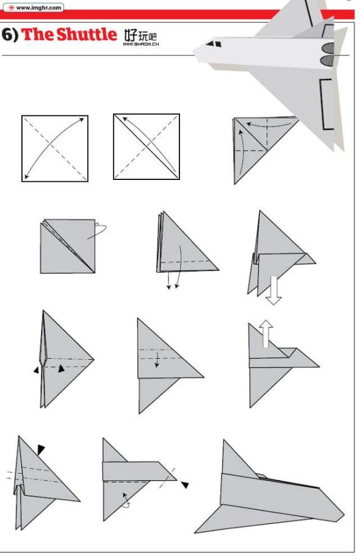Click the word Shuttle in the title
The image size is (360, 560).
tap(87, 34)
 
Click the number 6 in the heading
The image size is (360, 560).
tap(7, 35)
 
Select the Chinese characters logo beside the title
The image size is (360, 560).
tap(140, 35)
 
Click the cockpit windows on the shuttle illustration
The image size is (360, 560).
tap(214, 44)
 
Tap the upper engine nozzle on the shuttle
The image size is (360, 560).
tap(328, 48)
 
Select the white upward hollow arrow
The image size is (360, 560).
tap(266, 334)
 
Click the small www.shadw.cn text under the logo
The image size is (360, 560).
tap(141, 45)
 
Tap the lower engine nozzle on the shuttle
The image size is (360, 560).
tap(328, 60)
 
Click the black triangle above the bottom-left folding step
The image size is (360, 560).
tap(41, 450)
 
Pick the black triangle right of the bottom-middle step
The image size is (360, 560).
tap(185, 484)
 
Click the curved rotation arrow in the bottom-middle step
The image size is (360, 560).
tap(126, 500)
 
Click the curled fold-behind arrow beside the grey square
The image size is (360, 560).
tap(98, 231)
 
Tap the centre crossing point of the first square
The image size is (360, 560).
tap(55, 148)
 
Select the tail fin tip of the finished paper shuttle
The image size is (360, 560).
tap(224, 440)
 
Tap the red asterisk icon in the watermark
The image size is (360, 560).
tap(10, 7)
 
